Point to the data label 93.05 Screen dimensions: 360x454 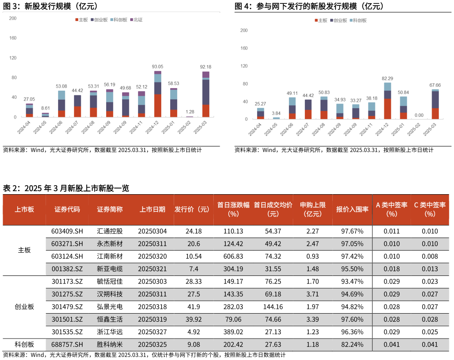[x=157, y=67]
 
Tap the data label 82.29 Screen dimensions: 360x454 [x=387, y=78]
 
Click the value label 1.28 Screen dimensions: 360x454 [x=190, y=112]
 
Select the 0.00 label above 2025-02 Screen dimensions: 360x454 [x=419, y=115]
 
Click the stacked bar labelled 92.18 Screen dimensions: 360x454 [x=206, y=94]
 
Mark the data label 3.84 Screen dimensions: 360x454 [x=276, y=113]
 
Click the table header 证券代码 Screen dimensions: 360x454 [x=67, y=210]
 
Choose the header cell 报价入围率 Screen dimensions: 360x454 [x=352, y=210]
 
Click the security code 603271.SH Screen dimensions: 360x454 [x=67, y=244]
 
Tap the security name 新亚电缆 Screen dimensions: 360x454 [x=110, y=269]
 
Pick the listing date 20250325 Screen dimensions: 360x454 [x=152, y=345]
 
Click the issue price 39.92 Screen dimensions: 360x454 [x=194, y=319]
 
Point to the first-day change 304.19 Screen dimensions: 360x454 [x=233, y=269]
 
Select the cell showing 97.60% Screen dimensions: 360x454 [x=352, y=319]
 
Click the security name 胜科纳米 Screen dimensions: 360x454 [x=110, y=345]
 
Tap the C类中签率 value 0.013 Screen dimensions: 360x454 [x=430, y=269]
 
